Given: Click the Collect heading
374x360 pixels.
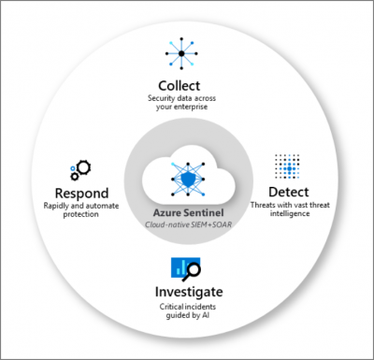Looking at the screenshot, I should point(187,83).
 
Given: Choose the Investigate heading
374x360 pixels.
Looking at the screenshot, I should point(189,293).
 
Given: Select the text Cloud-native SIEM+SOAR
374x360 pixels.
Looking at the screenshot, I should point(187,224).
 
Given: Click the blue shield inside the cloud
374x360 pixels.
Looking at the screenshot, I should point(186,179).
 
